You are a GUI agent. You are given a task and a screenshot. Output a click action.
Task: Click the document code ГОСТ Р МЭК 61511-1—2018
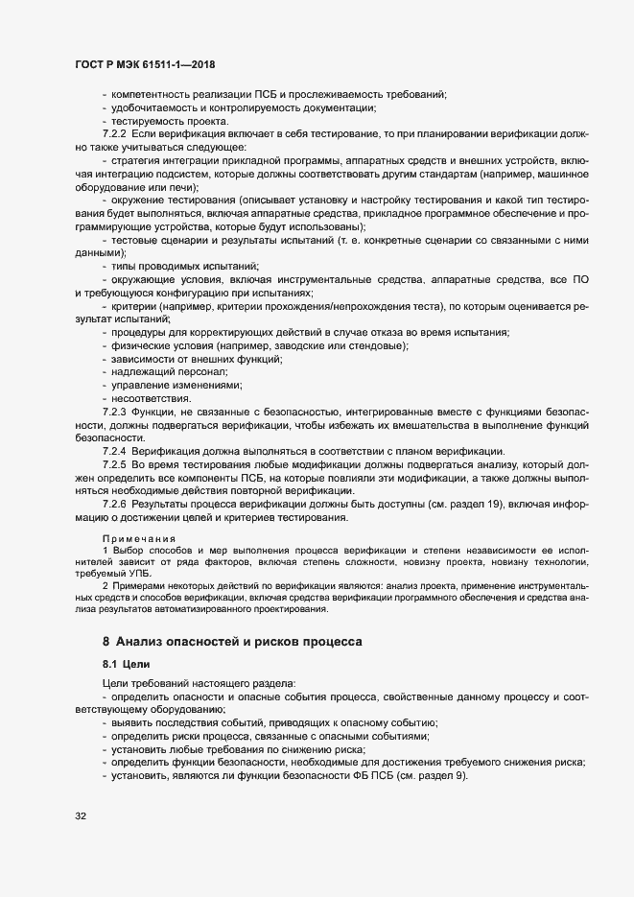tap(144, 64)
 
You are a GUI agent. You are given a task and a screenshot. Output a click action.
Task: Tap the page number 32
tap(81, 816)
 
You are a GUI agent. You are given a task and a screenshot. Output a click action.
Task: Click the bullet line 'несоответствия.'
tap(152, 398)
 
